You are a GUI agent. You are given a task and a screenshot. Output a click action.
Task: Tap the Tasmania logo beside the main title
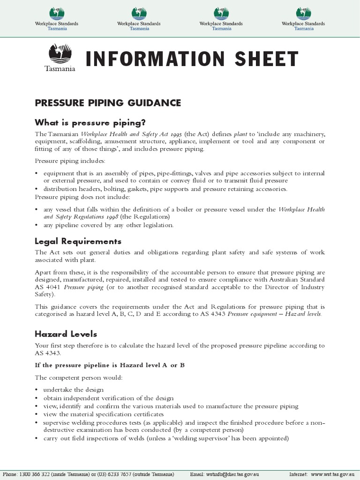[x=60, y=58]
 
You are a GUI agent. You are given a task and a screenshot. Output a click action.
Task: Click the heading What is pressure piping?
[x=90, y=123]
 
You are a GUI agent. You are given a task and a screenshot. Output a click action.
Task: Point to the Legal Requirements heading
[x=78, y=241]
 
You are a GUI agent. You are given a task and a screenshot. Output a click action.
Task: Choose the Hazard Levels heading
[x=66, y=334]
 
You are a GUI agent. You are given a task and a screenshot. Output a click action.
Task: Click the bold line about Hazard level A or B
[x=110, y=365]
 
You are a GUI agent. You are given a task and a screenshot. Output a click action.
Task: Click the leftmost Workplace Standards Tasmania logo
[x=57, y=19]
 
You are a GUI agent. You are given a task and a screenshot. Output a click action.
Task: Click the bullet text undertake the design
[x=74, y=390]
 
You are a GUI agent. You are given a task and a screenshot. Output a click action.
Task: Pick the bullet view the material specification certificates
[x=104, y=414]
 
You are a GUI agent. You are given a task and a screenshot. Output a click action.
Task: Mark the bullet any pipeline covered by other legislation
[x=108, y=225]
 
